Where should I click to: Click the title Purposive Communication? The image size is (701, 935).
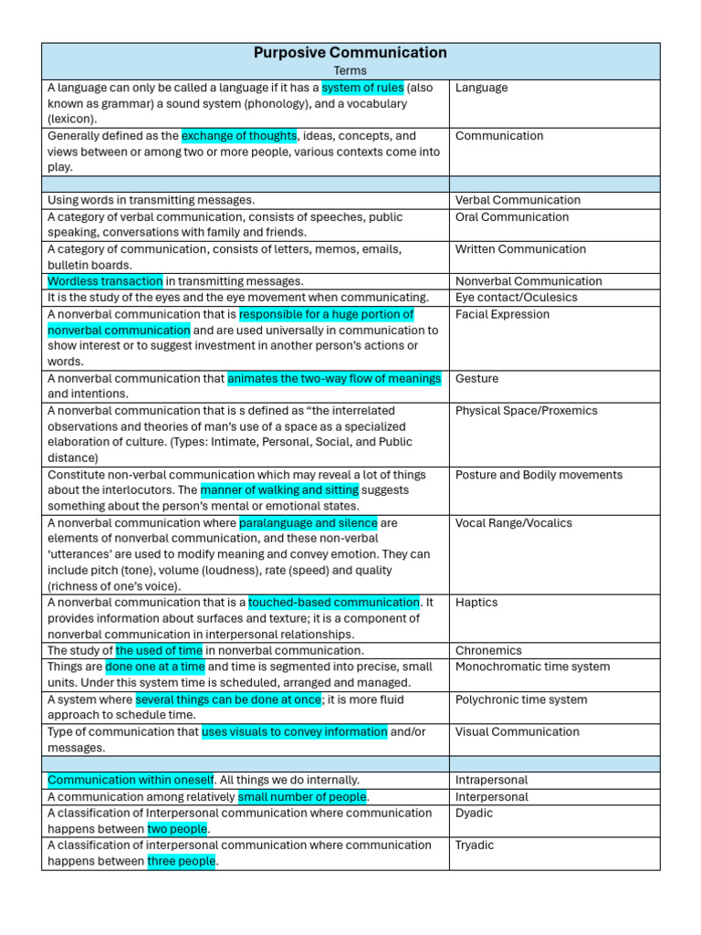point(350,53)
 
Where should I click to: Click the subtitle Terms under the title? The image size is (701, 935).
point(350,70)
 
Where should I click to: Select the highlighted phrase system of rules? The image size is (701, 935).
point(362,88)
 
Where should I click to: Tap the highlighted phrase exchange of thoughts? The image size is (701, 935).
point(239,136)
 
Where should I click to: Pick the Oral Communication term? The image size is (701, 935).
point(511,217)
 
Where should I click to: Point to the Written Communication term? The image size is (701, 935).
point(520,249)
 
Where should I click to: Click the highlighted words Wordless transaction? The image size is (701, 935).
point(105,281)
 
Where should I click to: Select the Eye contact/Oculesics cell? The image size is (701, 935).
point(516,298)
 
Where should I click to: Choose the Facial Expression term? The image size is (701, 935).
point(502,315)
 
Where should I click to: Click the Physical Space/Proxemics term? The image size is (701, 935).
point(527,411)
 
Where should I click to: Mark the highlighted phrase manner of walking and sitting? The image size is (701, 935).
point(279,490)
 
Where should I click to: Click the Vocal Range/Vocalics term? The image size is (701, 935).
point(513,523)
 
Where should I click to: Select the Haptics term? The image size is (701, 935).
point(476,603)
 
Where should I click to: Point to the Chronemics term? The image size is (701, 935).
point(488,651)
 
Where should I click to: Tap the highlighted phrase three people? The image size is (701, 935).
point(181,861)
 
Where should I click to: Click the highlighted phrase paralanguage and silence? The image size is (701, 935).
point(308,523)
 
